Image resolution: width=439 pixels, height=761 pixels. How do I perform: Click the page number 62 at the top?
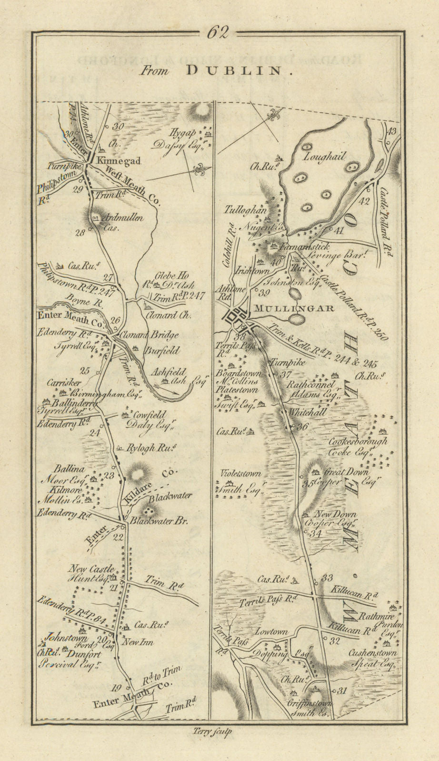[218, 32]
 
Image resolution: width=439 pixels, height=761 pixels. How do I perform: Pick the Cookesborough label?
[358, 441]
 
